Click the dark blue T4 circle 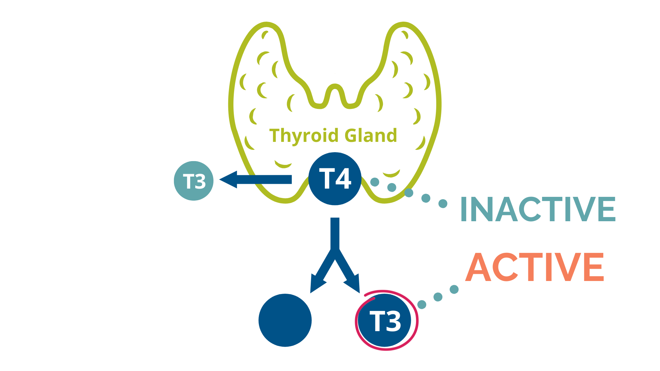coord(335,179)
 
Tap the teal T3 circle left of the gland coord(194,181)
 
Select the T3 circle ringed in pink coord(385,321)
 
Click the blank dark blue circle coord(285,320)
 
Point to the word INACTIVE coord(538,209)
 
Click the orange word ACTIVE coord(535,267)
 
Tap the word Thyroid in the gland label coord(304,136)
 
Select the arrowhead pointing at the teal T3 coord(229,179)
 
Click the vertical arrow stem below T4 coord(335,234)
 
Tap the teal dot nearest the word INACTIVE coord(443,204)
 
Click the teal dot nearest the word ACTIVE coord(454,290)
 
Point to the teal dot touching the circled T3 coord(422,304)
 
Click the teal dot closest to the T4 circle coord(375,182)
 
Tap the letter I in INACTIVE coord(464,209)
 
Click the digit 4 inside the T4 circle coord(343,178)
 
